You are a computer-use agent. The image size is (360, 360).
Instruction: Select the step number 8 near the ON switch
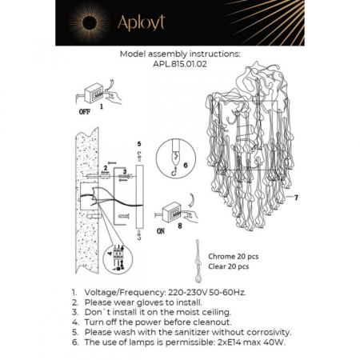click(x=180, y=226)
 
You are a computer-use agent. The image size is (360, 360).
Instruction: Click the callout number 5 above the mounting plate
click(x=138, y=145)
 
